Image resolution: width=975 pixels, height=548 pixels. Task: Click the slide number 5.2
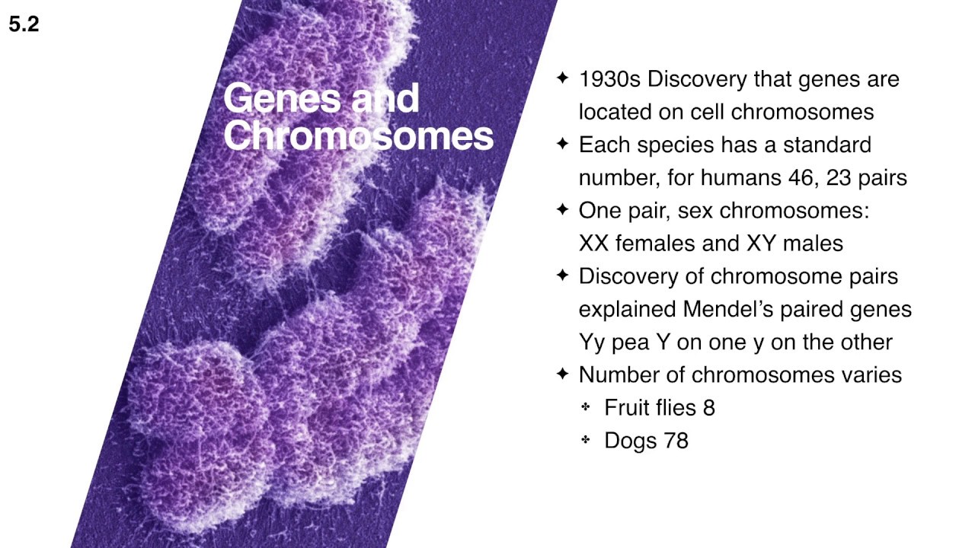[x=24, y=24]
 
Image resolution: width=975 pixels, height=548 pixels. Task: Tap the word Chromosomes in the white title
[x=358, y=136]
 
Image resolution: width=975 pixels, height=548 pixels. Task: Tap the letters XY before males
[x=759, y=244]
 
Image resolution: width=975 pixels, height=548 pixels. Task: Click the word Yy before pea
[x=592, y=342]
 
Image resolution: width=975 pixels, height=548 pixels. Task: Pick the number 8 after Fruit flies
[x=709, y=408]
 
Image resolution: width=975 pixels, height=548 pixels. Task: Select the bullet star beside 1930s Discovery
[x=563, y=78]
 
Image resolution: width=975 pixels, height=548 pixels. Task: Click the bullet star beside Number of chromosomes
[x=563, y=374]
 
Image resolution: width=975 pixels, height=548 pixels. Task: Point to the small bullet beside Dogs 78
[x=586, y=440]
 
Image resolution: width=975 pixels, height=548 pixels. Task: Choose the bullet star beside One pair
[x=563, y=209]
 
